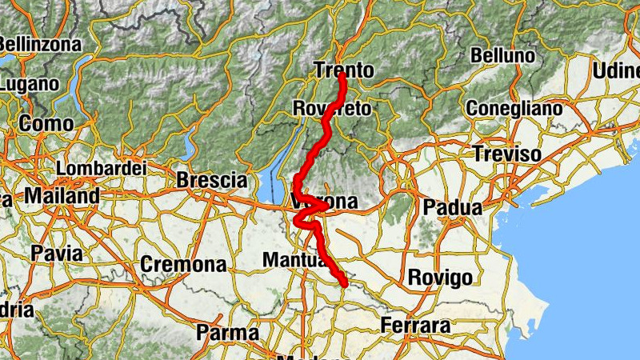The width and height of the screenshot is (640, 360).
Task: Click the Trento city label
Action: tap(343, 70)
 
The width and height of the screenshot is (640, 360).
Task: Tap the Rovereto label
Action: tap(332, 108)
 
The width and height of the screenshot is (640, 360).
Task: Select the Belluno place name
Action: tap(502, 56)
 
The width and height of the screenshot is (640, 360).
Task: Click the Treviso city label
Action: tap(506, 154)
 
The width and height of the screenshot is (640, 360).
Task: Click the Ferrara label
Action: tap(415, 326)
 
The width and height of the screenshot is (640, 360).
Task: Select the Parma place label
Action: tap(227, 332)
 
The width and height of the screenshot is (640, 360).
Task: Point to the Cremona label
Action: tap(183, 264)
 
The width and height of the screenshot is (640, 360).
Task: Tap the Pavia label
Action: tap(56, 254)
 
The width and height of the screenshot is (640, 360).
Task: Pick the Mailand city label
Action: tap(62, 195)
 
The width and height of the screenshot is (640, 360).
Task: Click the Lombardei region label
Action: tap(102, 169)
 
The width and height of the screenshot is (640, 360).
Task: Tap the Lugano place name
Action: tap(30, 83)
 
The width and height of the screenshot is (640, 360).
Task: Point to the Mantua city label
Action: tap(294, 260)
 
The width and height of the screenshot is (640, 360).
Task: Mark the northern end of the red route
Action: tap(342, 77)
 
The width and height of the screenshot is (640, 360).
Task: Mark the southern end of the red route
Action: tap(345, 284)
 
